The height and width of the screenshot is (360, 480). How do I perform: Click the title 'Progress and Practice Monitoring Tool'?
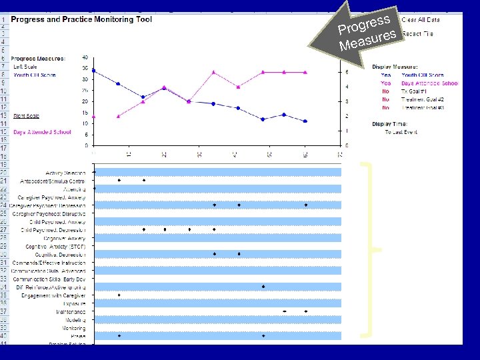pos(81,20)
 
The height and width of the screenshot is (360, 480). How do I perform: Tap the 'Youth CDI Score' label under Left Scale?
pos(35,75)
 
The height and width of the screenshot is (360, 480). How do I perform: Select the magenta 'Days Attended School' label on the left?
pos(42,132)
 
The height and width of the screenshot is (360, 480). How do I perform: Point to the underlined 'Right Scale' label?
pos(26,116)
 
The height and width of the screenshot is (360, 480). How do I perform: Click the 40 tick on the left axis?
pos(85,57)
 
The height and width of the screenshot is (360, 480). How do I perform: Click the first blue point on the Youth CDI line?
pos(94,71)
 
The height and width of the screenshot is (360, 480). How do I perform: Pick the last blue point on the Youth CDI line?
pos(305,121)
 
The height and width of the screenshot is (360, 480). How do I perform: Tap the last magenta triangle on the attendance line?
pos(305,72)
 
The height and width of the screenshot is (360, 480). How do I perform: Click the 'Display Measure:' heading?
pos(395,67)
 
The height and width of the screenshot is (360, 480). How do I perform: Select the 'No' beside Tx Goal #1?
pos(386,91)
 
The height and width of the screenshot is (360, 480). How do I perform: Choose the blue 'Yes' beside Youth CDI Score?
pos(386,75)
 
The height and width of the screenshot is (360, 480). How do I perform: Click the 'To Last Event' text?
pos(401,132)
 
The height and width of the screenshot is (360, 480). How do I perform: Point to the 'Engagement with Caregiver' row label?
pos(53,295)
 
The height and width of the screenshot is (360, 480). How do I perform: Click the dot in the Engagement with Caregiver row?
pos(119,295)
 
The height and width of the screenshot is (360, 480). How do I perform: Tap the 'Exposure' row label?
pos(73,303)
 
